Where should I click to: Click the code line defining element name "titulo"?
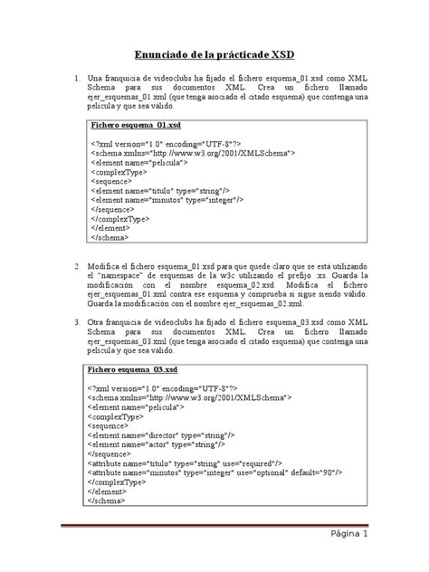tap(160, 191)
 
